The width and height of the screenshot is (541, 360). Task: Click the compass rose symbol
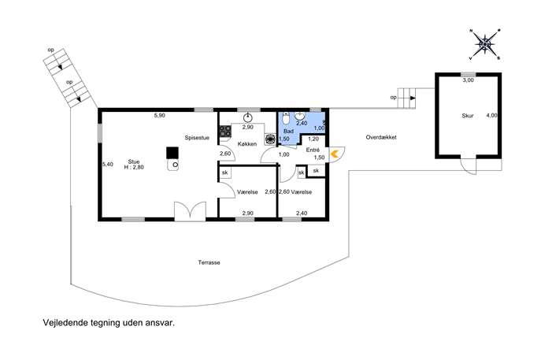tap(485, 44)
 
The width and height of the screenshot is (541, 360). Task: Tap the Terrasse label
tap(209, 262)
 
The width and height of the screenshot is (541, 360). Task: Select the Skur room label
tap(468, 116)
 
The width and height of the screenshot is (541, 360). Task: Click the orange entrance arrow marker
tap(335, 154)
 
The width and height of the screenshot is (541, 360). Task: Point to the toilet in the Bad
tap(286, 119)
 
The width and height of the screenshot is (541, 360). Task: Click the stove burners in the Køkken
tap(225, 132)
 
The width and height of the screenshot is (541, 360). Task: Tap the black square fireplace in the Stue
tap(172, 153)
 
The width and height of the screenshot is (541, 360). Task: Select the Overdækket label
tap(381, 137)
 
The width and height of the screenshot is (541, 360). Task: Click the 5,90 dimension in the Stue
tap(159, 116)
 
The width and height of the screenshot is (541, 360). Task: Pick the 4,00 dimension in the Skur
tap(491, 116)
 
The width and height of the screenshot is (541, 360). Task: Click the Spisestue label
tap(197, 138)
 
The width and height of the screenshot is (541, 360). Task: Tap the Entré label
tap(313, 150)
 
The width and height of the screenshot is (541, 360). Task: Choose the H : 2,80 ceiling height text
tap(134, 168)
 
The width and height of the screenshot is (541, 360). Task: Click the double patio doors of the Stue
tap(190, 211)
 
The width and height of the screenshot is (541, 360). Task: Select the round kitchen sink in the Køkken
tap(248, 117)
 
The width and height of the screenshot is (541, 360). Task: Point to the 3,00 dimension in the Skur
tap(469, 80)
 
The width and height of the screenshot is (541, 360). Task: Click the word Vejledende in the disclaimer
tap(65, 323)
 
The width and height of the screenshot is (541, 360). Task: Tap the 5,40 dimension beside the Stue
tap(108, 165)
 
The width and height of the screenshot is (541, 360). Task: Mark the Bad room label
tap(288, 132)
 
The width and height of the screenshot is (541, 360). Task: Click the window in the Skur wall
tap(469, 75)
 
